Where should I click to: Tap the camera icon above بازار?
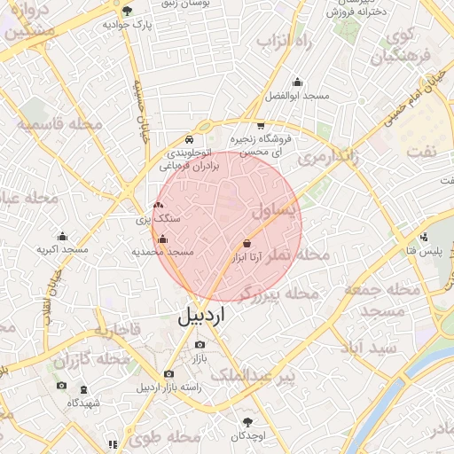click(200, 344)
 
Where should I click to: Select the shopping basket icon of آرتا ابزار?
click(247, 243)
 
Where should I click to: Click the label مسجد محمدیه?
click(162, 253)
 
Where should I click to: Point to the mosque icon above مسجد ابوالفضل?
click(297, 82)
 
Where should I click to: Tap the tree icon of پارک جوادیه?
click(128, 12)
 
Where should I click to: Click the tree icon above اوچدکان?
click(248, 422)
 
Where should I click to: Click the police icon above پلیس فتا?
click(426, 238)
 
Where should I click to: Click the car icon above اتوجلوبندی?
click(189, 140)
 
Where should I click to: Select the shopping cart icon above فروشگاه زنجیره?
click(260, 126)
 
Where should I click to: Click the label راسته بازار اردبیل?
click(168, 388)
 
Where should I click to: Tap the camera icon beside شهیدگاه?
click(61, 386)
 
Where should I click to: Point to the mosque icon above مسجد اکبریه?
click(62, 236)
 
